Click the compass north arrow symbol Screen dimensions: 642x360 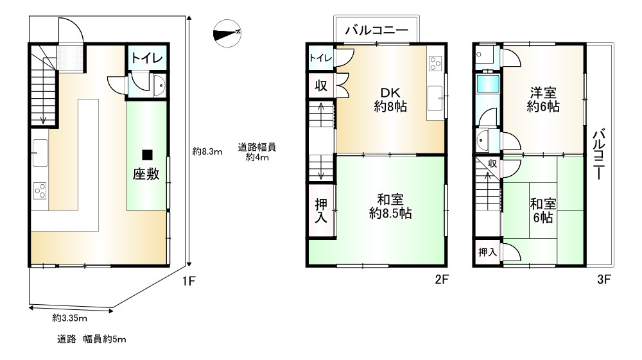(x=227, y=33)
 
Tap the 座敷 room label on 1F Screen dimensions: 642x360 (x=146, y=174)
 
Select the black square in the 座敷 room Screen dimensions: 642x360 (x=147, y=155)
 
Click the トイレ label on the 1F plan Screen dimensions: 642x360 (x=147, y=58)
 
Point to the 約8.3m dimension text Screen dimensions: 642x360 (x=207, y=152)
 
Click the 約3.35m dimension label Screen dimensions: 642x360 (x=69, y=318)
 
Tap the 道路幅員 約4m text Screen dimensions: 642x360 (x=257, y=152)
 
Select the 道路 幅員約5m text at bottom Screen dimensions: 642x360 (x=91, y=339)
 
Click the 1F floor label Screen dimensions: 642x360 (x=189, y=281)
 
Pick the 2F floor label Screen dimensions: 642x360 (x=442, y=279)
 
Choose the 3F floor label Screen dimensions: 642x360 (x=604, y=279)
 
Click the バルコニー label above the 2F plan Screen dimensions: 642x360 (x=377, y=30)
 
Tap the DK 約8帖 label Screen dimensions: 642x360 (x=390, y=100)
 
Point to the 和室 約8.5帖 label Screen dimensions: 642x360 (x=390, y=207)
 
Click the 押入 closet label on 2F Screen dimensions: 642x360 (x=321, y=210)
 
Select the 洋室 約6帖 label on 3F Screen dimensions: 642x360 (x=543, y=99)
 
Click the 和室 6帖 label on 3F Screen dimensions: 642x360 (x=543, y=210)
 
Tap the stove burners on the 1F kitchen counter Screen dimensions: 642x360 (x=40, y=191)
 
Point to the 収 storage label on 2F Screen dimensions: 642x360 (x=321, y=85)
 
